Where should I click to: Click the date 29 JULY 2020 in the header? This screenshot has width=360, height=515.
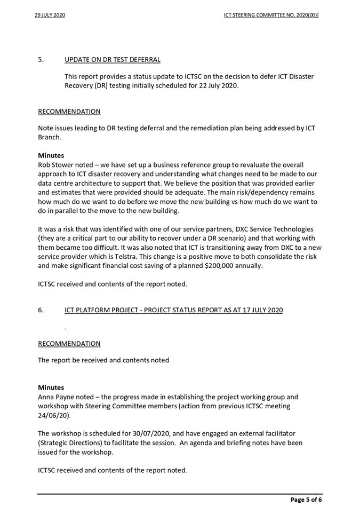click(x=50, y=15)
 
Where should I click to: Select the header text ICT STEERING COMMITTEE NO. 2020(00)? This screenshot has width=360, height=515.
click(x=271, y=15)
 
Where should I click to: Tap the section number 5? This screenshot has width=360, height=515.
click(x=41, y=59)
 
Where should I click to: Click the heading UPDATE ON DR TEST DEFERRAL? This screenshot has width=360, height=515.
click(x=113, y=59)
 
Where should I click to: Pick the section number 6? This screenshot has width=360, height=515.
click(x=41, y=310)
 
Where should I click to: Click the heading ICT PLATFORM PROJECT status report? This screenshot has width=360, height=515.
click(x=174, y=310)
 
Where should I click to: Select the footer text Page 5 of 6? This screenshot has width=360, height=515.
click(x=306, y=500)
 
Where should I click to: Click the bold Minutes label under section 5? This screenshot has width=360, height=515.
click(x=51, y=156)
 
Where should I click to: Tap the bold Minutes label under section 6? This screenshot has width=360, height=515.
click(x=51, y=387)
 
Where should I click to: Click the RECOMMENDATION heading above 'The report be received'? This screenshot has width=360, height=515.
click(x=69, y=343)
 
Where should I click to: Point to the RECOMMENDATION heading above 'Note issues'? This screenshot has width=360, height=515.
click(x=69, y=112)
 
